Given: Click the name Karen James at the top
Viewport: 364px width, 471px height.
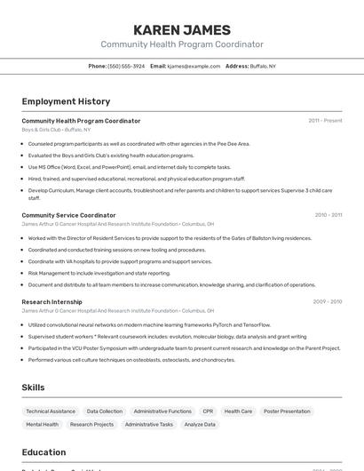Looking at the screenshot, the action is (x=181, y=30).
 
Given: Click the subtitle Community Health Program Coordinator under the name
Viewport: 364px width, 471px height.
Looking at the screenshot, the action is (x=181, y=44).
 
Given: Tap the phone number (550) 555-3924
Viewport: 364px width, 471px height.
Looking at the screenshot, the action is (x=126, y=67).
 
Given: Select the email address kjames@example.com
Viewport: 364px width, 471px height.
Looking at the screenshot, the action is (x=194, y=67).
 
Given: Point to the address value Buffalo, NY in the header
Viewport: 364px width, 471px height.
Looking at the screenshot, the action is (x=263, y=67).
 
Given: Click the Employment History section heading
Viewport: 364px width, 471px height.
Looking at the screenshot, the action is (x=66, y=101).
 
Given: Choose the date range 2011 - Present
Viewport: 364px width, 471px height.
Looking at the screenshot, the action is (x=325, y=121).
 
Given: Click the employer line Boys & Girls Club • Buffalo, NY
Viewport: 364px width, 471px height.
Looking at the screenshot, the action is (x=56, y=130).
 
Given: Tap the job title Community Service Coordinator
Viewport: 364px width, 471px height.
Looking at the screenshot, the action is (x=68, y=215).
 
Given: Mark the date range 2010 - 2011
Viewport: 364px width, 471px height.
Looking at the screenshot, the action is (x=328, y=215).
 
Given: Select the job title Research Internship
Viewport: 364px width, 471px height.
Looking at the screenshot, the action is (x=51, y=302).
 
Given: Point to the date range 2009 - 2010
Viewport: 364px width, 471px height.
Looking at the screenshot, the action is (x=327, y=302).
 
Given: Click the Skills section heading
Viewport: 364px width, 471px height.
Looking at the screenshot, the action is (x=33, y=387).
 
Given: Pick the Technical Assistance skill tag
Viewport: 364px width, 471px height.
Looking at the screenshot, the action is (x=51, y=411).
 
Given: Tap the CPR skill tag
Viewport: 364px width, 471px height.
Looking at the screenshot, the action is (x=208, y=411).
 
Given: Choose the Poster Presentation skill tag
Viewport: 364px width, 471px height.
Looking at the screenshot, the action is (x=288, y=411).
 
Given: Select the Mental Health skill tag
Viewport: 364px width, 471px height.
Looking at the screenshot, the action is (x=42, y=425).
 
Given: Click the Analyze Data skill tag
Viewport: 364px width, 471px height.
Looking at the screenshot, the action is (x=200, y=425).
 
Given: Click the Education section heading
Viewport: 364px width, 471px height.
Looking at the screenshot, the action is (x=44, y=452).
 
